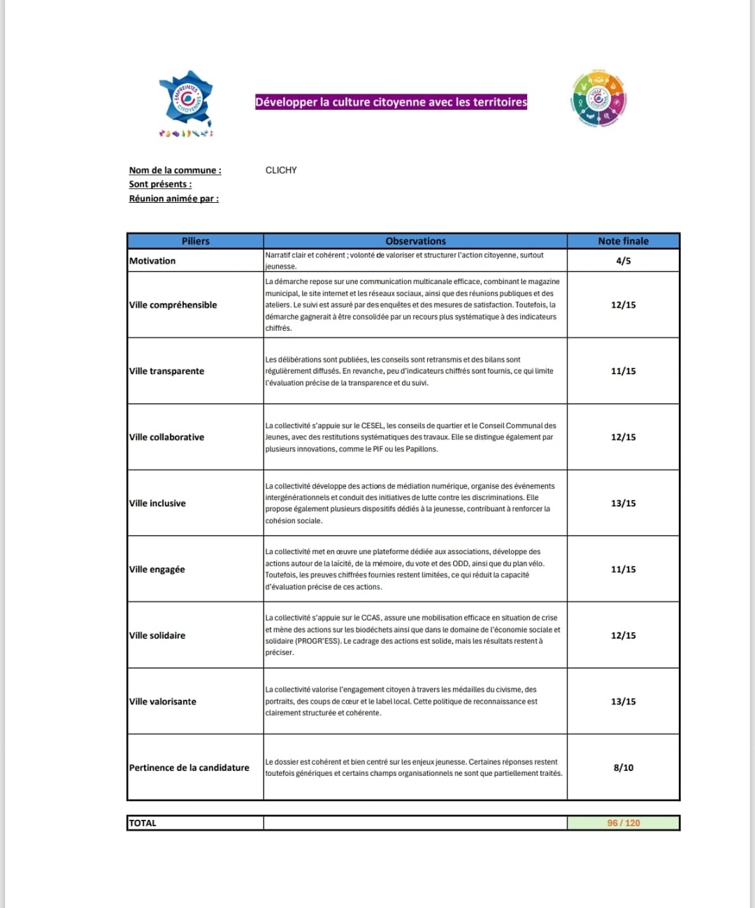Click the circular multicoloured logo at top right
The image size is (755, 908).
click(x=598, y=99)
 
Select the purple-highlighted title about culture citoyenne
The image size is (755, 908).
click(x=391, y=102)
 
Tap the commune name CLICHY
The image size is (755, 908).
click(x=281, y=170)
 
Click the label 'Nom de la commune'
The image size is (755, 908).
click(x=175, y=170)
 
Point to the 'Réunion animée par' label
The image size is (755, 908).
click(x=173, y=199)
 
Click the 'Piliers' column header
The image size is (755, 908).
click(x=195, y=241)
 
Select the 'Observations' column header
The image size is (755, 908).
click(x=415, y=241)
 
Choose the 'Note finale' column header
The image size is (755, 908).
click(x=623, y=241)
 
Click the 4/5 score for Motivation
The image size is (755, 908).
click(x=623, y=260)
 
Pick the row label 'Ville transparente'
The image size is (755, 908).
click(x=166, y=371)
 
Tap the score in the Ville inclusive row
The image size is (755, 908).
click(x=623, y=503)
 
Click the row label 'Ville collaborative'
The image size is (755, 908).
click(x=166, y=437)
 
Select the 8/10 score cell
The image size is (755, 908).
click(x=623, y=767)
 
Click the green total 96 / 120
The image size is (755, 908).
click(x=623, y=823)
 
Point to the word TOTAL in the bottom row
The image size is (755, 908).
click(x=143, y=823)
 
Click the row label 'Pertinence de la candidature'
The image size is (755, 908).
click(x=189, y=767)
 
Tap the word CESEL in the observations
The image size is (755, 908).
click(x=372, y=425)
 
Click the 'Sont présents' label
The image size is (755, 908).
click(x=160, y=184)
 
